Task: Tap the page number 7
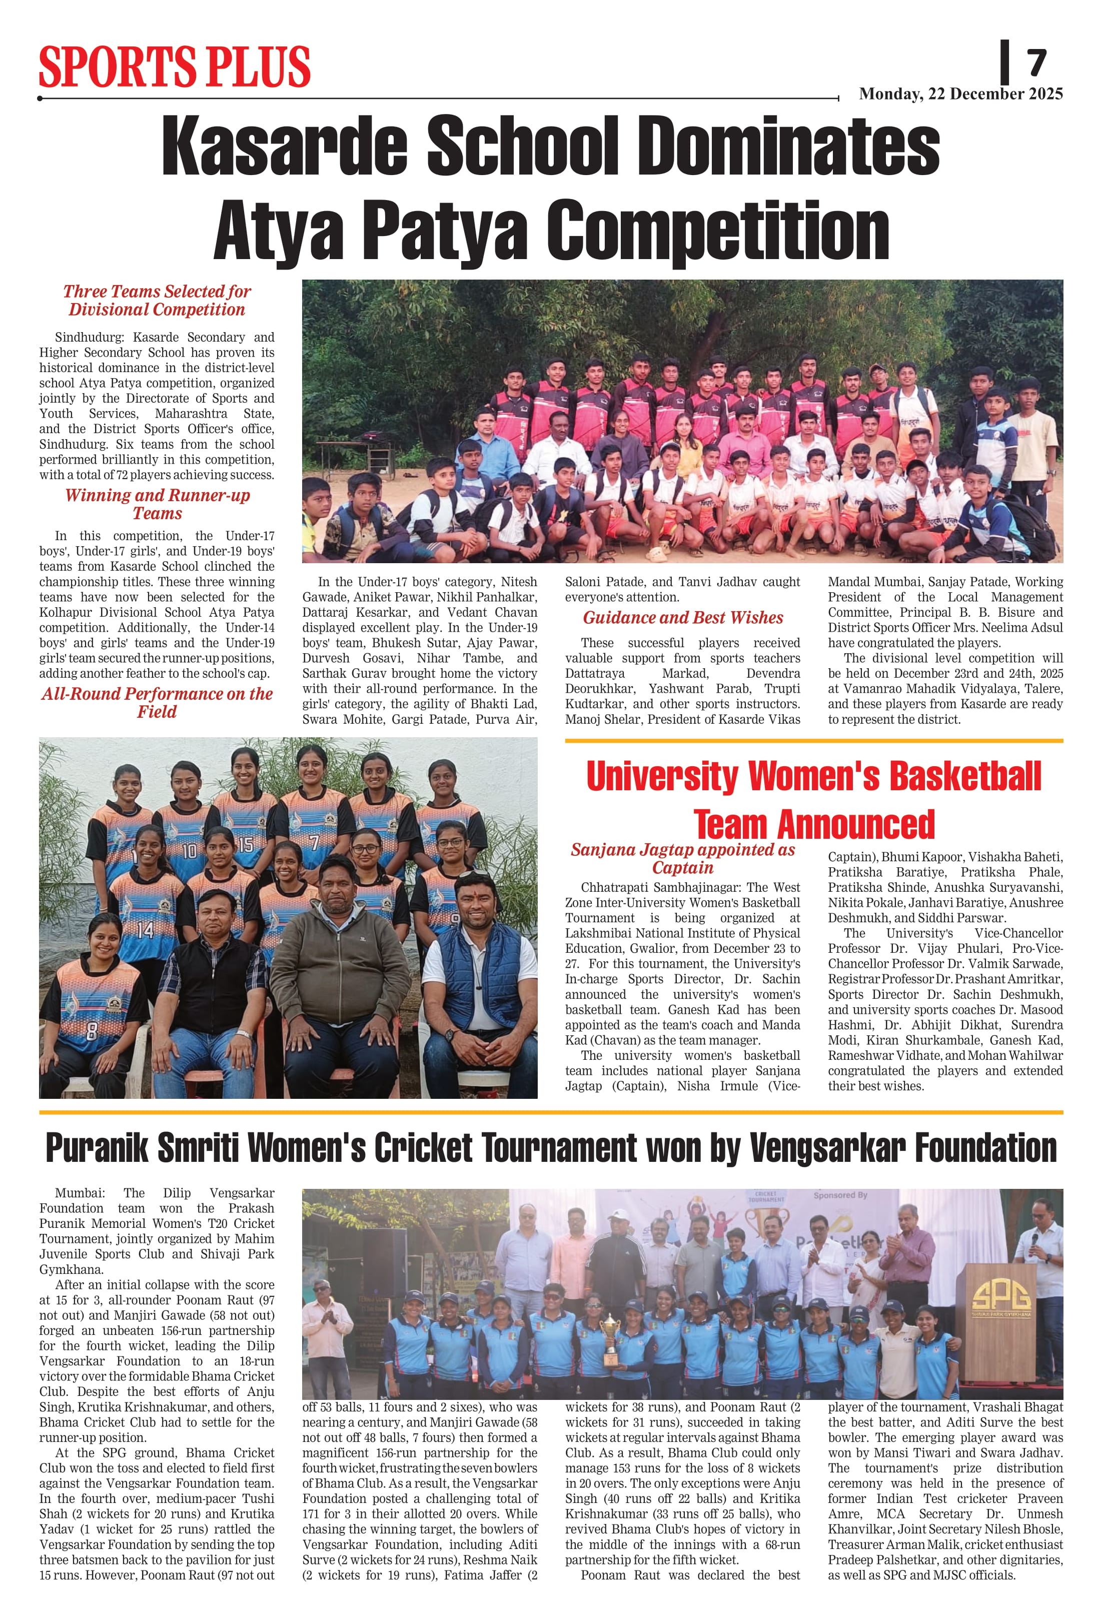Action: point(1035,63)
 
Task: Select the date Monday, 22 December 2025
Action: point(960,94)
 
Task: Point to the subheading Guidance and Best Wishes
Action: point(682,618)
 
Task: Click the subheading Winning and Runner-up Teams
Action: point(157,505)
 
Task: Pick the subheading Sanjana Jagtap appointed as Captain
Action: point(682,858)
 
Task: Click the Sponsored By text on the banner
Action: point(840,1196)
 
